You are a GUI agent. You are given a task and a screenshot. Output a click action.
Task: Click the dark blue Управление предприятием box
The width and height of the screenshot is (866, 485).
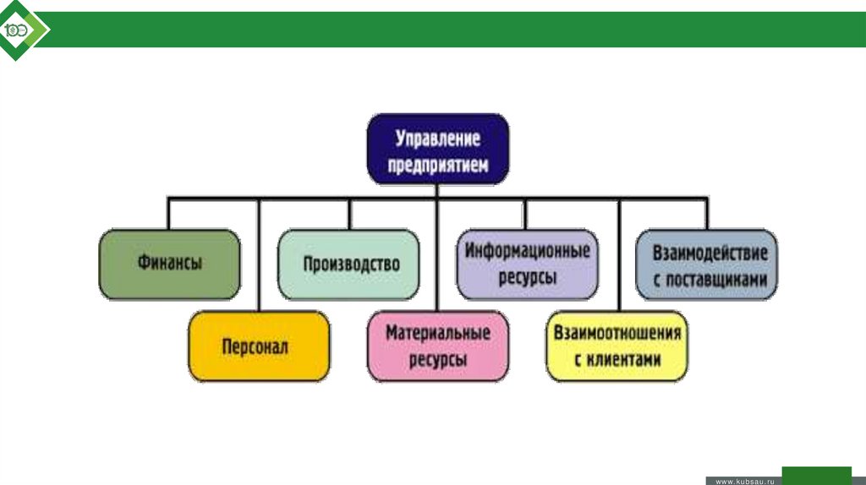[x=437, y=150]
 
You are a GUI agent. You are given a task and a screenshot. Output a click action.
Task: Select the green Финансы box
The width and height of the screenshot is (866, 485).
[x=169, y=264]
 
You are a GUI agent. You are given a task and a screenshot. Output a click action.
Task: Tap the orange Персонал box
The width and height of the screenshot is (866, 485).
[x=259, y=346]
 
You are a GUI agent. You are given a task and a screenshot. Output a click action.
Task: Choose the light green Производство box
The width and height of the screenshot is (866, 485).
[x=348, y=264]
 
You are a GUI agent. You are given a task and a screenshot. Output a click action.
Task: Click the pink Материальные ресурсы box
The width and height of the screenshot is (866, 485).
[x=437, y=346]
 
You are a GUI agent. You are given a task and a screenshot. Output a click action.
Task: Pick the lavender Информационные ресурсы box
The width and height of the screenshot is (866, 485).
[x=526, y=264]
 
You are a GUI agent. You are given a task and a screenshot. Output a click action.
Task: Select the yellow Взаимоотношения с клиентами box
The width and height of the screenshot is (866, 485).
[x=617, y=346]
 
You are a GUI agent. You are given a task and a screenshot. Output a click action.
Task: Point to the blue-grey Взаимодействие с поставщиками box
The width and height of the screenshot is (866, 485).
[x=706, y=264]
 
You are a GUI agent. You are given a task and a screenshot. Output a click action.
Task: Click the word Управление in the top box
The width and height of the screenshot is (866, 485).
[x=437, y=137]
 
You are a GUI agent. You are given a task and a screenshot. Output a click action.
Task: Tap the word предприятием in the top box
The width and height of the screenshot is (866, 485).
[x=437, y=166]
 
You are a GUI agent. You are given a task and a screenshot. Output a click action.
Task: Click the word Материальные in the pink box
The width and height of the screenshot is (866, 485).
[x=437, y=333]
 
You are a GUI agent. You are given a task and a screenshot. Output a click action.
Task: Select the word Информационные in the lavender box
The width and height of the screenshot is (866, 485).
[x=526, y=251]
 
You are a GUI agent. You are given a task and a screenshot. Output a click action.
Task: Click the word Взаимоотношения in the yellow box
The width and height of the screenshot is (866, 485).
[x=617, y=332]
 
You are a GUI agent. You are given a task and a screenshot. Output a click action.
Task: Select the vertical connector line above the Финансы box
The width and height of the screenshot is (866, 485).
[x=169, y=214]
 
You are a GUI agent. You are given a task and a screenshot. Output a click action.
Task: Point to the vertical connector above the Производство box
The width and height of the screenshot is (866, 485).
[x=348, y=214]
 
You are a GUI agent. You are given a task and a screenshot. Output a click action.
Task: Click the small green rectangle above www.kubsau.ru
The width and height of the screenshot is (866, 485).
[x=816, y=472]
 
